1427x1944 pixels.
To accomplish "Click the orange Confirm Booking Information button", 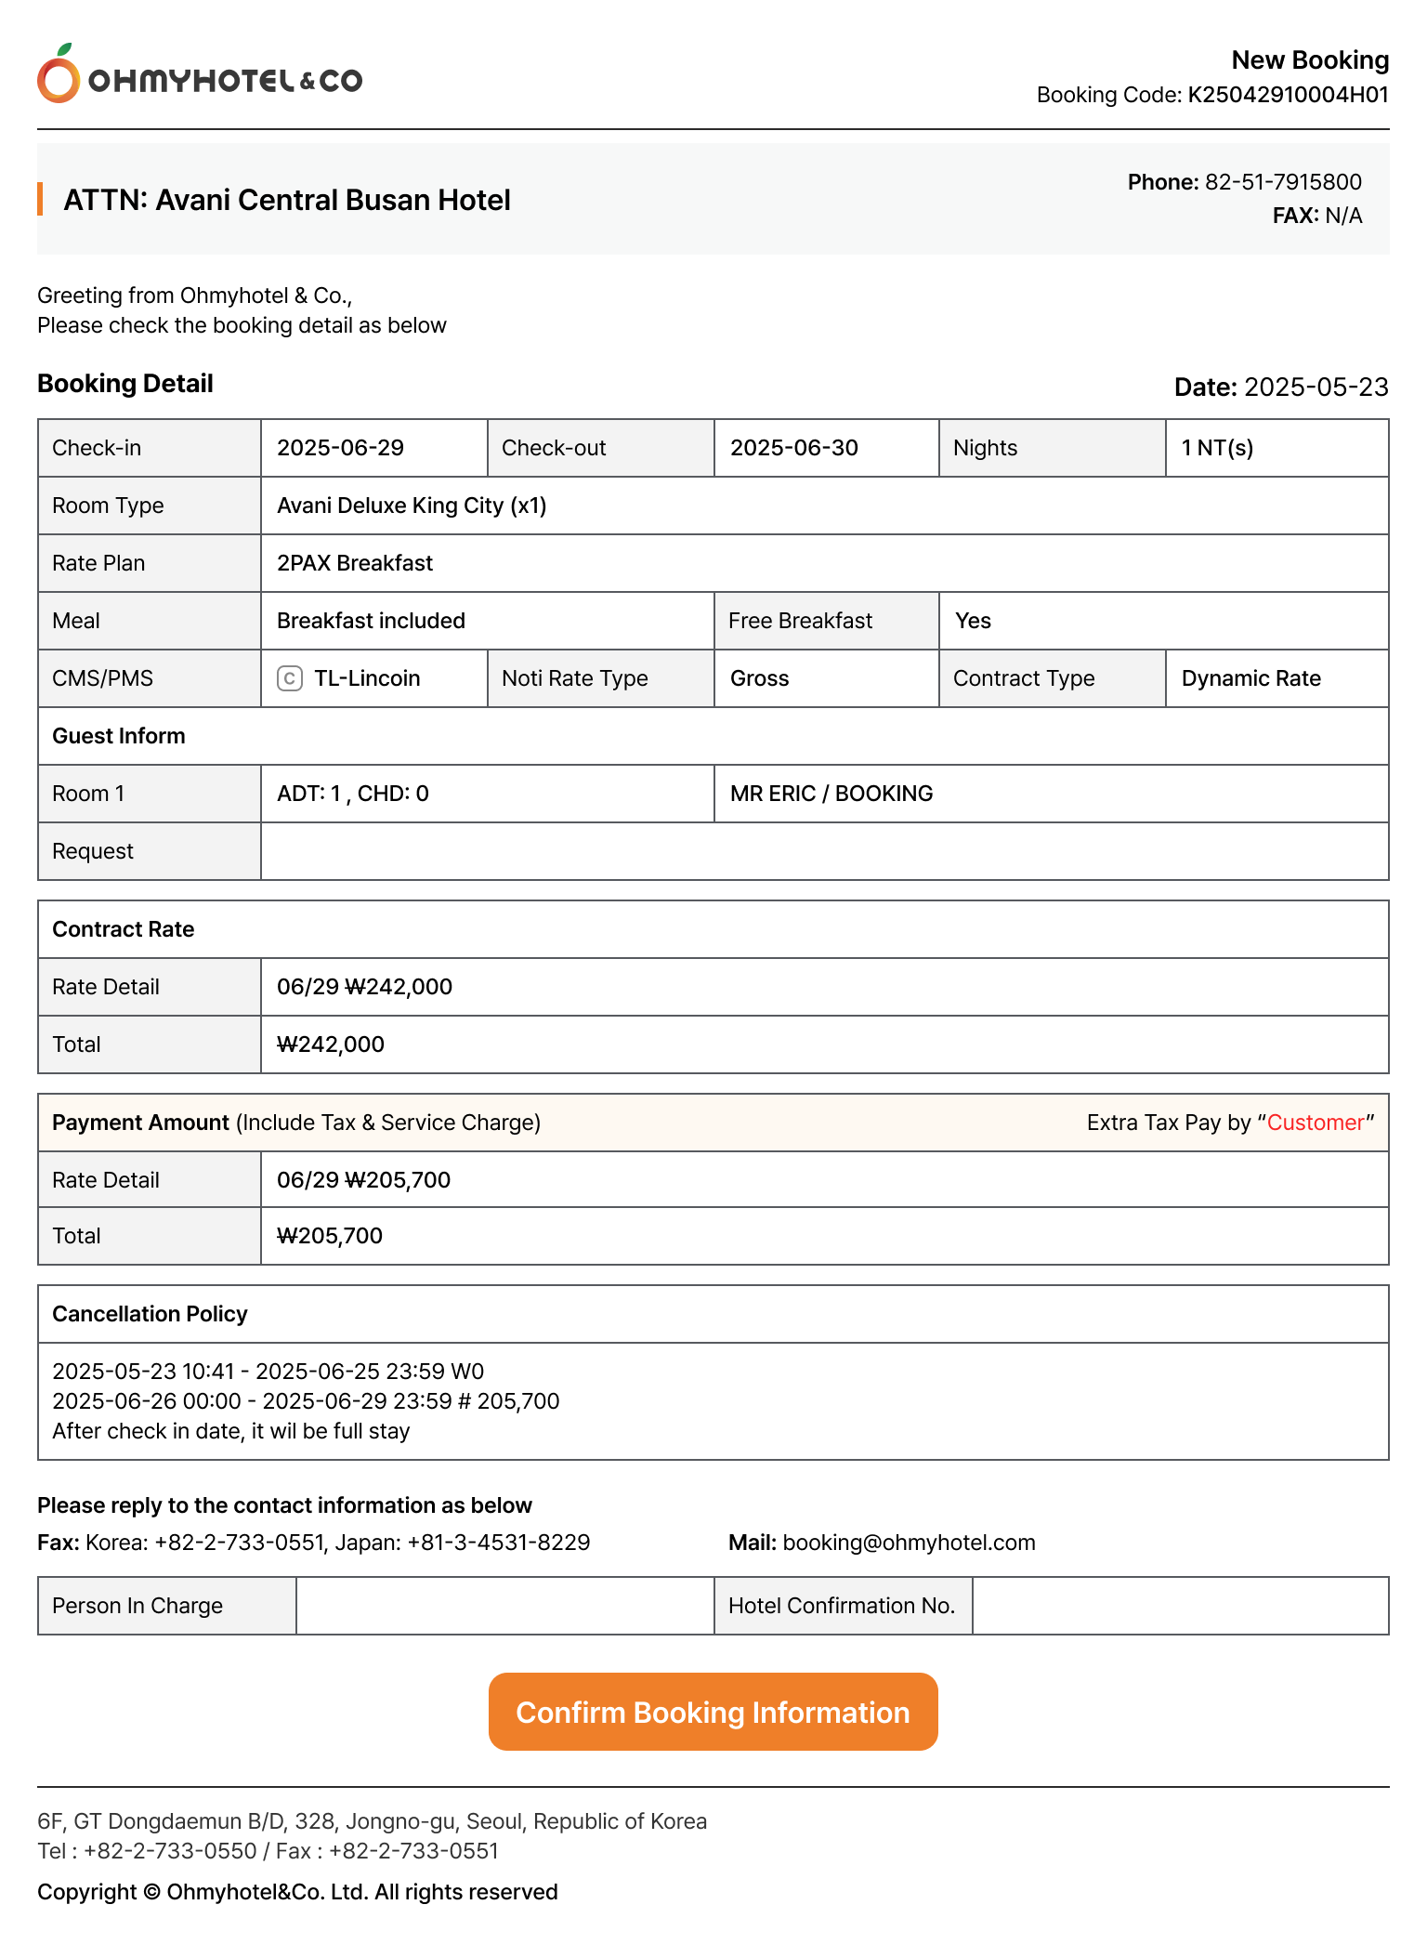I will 713,1712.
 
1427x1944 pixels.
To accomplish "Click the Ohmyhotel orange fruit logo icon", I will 59,75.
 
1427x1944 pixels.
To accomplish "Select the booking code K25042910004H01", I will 1288,95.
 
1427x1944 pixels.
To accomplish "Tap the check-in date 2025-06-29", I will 340,448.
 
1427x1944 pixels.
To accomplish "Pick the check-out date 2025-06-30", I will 793,448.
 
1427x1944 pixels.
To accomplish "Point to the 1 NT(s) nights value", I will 1217,448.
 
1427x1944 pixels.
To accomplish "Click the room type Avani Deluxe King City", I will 412,506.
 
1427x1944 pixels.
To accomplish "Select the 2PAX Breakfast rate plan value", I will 355,563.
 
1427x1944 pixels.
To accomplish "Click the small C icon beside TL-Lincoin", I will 290,678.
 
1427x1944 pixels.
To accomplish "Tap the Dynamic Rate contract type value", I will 1250,678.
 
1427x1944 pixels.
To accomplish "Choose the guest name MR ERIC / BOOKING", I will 831,794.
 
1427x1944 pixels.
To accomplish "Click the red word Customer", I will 1316,1123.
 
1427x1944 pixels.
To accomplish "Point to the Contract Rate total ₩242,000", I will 331,1044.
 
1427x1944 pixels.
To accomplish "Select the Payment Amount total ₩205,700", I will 330,1236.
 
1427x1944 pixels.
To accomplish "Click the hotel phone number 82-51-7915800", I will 1283,182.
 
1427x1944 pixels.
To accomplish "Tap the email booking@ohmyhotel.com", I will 909,1543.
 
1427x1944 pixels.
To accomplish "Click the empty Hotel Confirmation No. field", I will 1180,1606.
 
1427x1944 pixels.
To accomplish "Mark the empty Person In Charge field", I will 504,1606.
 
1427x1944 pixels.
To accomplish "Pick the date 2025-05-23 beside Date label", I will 1316,387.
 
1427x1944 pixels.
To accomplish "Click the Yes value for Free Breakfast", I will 973,621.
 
